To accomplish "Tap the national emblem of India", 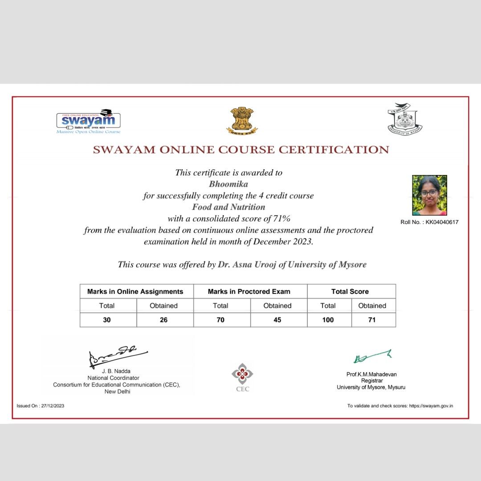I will [x=242, y=120].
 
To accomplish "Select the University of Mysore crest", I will [x=404, y=119].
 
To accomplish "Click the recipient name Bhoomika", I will [x=228, y=183].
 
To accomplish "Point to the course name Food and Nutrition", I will [x=228, y=207].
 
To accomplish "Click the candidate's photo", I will [x=429, y=195].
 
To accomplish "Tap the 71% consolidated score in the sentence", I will [x=282, y=219].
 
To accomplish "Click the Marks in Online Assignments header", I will [x=135, y=292].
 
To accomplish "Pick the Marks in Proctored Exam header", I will [x=249, y=292].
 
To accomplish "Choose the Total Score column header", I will [x=350, y=292].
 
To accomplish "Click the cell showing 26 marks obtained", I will [x=164, y=320].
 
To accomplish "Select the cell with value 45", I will [x=277, y=320].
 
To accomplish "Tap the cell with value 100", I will [x=328, y=320].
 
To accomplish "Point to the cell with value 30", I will [x=107, y=320].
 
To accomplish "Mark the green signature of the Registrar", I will [x=372, y=356].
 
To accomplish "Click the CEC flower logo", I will [x=242, y=374].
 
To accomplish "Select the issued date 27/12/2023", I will [x=52, y=406].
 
